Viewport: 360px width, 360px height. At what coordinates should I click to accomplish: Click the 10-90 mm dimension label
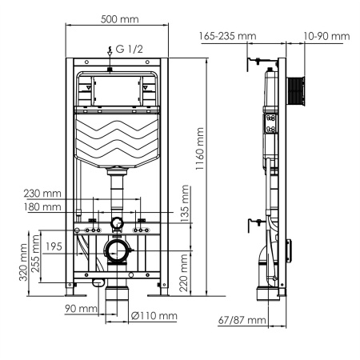coord(327,36)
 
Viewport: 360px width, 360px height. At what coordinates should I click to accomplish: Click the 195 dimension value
coord(54,246)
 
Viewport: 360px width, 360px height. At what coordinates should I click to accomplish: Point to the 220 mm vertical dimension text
coord(186,274)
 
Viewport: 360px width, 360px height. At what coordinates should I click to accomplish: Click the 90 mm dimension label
coord(81,308)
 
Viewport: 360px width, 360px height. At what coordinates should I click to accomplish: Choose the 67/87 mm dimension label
coord(242,320)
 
